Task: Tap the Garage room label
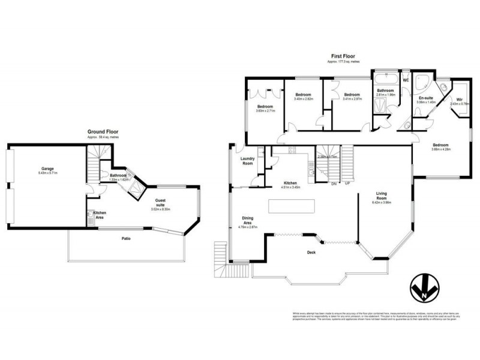[x=49, y=169]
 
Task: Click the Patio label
[x=126, y=238]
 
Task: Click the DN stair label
[x=333, y=183]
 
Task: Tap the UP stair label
[x=347, y=183]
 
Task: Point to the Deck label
[x=311, y=252]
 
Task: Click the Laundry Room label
[x=248, y=161]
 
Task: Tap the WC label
[x=406, y=80]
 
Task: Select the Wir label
[x=459, y=99]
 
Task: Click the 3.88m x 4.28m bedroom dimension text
[x=441, y=149]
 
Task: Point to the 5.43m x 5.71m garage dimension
[x=49, y=173]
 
